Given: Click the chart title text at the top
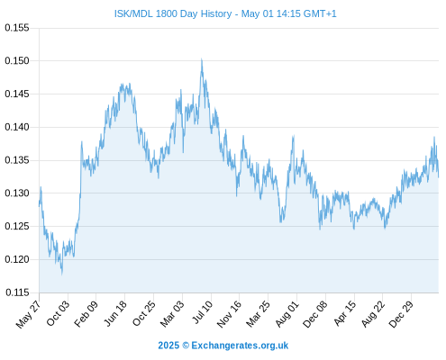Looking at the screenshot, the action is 225,13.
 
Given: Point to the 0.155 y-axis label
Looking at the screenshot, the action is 17,28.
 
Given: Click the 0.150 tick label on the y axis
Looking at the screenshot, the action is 17,61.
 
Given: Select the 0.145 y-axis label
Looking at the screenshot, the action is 17,94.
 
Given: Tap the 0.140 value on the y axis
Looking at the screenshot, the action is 17,127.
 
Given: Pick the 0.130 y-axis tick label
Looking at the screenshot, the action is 17,193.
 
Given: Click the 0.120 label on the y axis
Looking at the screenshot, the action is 17,259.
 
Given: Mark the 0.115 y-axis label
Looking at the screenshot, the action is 17,292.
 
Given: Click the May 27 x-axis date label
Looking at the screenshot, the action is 29,314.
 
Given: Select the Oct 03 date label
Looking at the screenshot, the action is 58,313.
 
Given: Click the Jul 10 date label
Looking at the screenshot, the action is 203,312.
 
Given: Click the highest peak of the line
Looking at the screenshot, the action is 202,59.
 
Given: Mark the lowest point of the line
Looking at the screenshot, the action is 62,274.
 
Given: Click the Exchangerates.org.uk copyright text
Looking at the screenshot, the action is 223,346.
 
